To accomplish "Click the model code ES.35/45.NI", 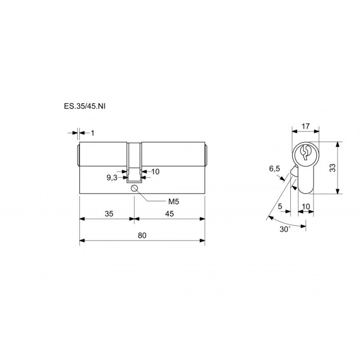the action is pyautogui.click(x=84, y=106).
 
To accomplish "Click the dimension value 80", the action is pyautogui.click(x=142, y=235).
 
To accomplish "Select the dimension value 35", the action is pyautogui.click(x=109, y=214).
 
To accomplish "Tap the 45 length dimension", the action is pyautogui.click(x=169, y=214).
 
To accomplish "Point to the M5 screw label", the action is pyautogui.click(x=174, y=202).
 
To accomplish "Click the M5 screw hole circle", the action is pyautogui.click(x=134, y=188).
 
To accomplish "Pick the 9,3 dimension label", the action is pyautogui.click(x=112, y=178).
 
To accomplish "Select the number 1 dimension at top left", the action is pyautogui.click(x=93, y=133).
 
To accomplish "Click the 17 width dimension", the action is pyautogui.click(x=306, y=126).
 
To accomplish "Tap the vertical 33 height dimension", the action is pyautogui.click(x=332, y=168).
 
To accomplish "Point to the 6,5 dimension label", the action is pyautogui.click(x=275, y=169).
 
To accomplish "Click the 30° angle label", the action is pyautogui.click(x=285, y=229).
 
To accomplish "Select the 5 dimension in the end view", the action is pyautogui.click(x=280, y=206).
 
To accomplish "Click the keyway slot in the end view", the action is pyautogui.click(x=305, y=153).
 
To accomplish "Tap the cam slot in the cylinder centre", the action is pyautogui.click(x=134, y=163).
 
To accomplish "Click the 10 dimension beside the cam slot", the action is pyautogui.click(x=156, y=171).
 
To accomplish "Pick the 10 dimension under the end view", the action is pyautogui.click(x=306, y=206).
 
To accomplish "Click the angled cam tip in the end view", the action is pyautogui.click(x=293, y=171).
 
